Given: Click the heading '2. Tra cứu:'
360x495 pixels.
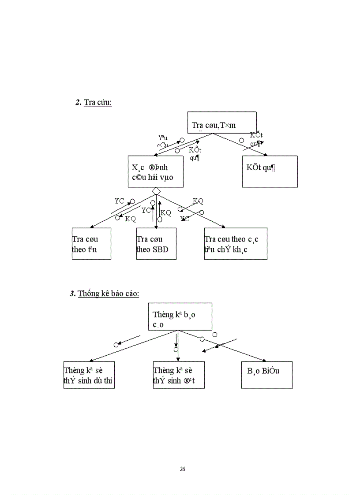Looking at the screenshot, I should coord(94,103).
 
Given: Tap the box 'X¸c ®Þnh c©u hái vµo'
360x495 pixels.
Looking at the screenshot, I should coord(155,171).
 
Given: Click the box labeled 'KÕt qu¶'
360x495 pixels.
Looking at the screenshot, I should coord(270,171).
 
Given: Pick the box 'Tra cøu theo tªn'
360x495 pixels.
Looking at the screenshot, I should coord(91,243).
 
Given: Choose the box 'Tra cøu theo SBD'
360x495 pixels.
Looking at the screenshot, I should coord(156,243).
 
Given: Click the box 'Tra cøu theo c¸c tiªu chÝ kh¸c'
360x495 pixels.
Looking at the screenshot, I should coord(236,243).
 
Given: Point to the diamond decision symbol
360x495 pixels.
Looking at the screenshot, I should coord(155,191).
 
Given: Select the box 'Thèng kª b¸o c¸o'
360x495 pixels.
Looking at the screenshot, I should coord(180,316).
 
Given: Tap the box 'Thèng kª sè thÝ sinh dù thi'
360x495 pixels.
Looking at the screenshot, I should coord(89,375).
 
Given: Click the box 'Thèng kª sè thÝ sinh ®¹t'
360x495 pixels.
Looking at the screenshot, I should coord(179,375).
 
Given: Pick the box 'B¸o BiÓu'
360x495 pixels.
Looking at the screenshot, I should coord(266,375).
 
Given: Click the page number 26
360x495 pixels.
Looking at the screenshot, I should coord(183,469).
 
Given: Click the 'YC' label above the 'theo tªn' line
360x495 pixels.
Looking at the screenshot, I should coord(119,201).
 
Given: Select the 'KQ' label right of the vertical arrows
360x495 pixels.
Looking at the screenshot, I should coord(165,213).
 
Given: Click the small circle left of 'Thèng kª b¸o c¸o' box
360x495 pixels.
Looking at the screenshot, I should coord(116,345).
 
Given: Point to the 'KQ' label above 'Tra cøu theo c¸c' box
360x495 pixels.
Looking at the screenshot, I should coord(198,201).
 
